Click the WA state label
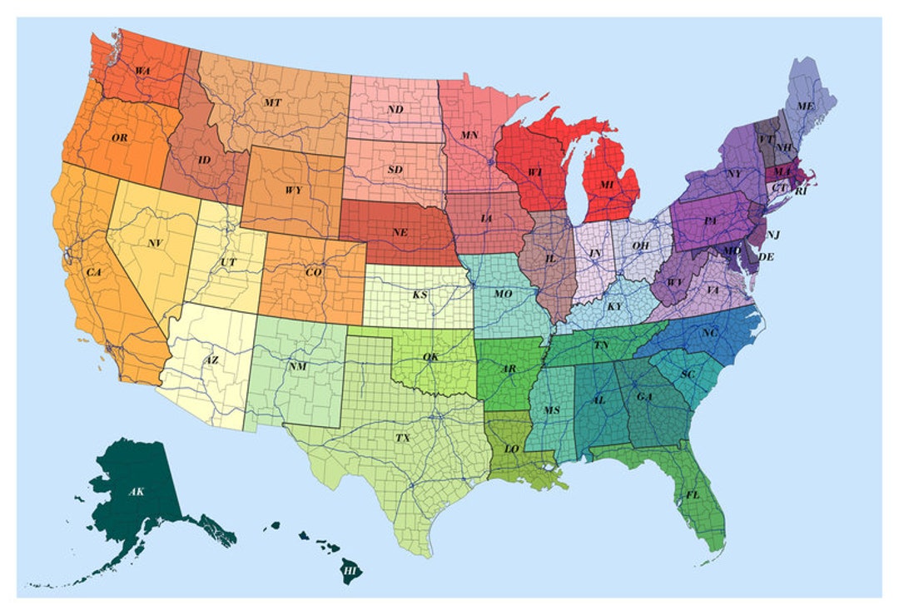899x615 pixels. pyautogui.click(x=142, y=72)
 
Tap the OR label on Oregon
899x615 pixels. pyautogui.click(x=120, y=137)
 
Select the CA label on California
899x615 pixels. pyautogui.click(x=94, y=272)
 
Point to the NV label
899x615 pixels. pyautogui.click(x=155, y=244)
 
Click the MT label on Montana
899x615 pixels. pyautogui.click(x=272, y=102)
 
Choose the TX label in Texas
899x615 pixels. pyautogui.click(x=402, y=437)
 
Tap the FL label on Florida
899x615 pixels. pyautogui.click(x=693, y=495)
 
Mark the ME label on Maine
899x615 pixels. pyautogui.click(x=805, y=107)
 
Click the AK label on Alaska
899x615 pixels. pyautogui.click(x=137, y=492)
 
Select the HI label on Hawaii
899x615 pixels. pyautogui.click(x=350, y=572)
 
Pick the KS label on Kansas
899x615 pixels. pyautogui.click(x=420, y=295)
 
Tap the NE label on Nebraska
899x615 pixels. pyautogui.click(x=400, y=232)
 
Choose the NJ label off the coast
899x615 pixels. pyautogui.click(x=773, y=235)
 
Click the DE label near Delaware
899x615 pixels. pyautogui.click(x=766, y=258)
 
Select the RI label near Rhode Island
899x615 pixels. pyautogui.click(x=801, y=191)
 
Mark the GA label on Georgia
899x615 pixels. pyautogui.click(x=643, y=397)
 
